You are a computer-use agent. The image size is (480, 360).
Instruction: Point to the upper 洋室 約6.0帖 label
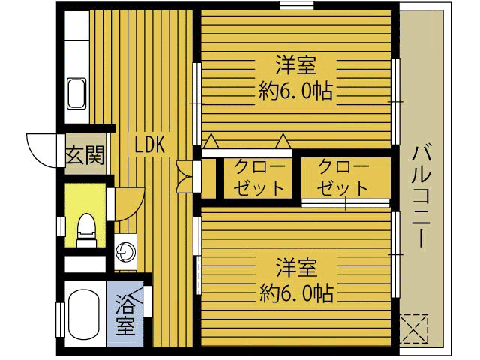[295, 77]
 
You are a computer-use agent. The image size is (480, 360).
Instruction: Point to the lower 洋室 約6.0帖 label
[295, 277]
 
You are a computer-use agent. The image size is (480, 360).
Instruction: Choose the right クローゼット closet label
[343, 178]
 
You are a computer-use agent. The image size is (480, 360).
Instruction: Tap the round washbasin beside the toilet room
[125, 250]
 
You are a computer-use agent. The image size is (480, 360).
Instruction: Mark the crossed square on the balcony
[414, 326]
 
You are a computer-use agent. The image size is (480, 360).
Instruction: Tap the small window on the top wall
[296, 6]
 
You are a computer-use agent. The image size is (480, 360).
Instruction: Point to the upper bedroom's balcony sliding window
[394, 101]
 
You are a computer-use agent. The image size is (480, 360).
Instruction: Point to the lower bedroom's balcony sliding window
[394, 255]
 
